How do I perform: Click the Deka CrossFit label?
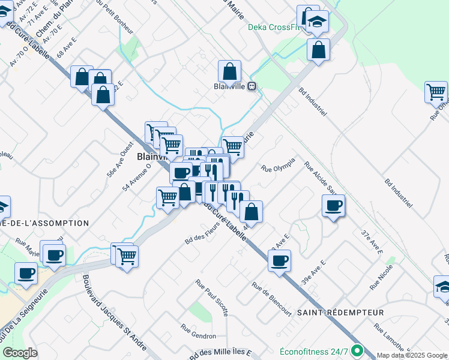click(x=273, y=28)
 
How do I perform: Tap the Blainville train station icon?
click(x=253, y=86)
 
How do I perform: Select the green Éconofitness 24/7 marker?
click(x=358, y=350)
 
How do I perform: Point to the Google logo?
click(x=20, y=353)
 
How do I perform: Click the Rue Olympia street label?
click(x=278, y=164)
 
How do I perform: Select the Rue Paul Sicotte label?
click(x=212, y=297)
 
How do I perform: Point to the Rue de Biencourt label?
click(x=272, y=299)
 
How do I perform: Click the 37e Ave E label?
click(x=372, y=240)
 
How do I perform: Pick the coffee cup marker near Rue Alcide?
click(x=333, y=206)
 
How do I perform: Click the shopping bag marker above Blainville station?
click(x=229, y=71)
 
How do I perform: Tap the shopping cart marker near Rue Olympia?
click(x=232, y=146)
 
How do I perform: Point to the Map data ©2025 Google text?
click(x=412, y=355)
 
